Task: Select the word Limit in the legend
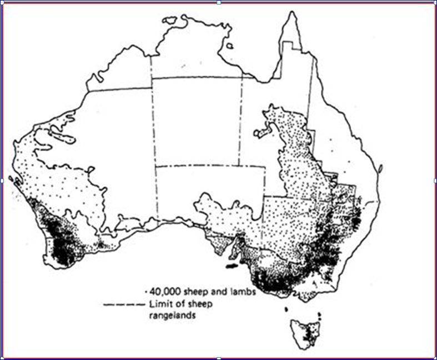158,304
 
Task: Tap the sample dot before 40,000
145,291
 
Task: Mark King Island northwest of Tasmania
285,309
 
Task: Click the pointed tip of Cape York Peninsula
291,12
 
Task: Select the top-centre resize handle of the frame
219,2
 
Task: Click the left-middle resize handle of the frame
2,181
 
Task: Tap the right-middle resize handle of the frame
435,181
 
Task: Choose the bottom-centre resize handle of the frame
219,358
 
